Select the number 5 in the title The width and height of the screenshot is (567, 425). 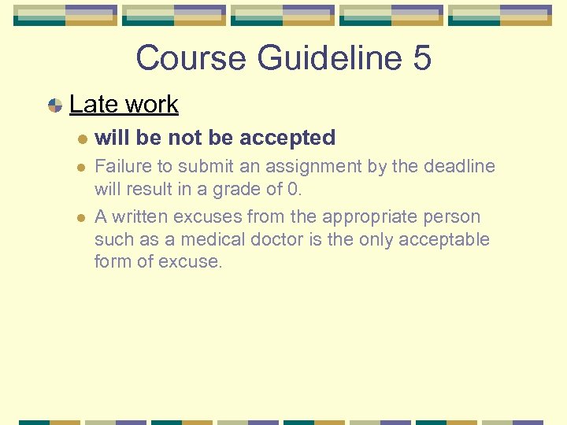421,58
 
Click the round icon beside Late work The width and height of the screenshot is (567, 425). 55,105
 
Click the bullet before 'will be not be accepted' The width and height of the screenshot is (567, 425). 82,139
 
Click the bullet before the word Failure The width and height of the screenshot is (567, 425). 82,168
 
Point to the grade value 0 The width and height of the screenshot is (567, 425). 295,189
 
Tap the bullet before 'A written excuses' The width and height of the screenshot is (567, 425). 82,217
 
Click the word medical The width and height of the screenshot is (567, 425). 211,239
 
